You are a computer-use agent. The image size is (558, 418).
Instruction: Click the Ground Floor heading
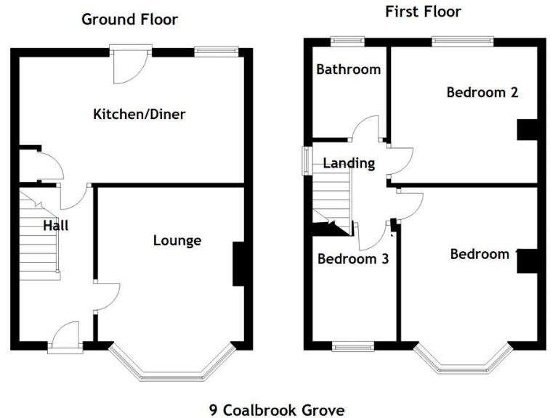(x=129, y=20)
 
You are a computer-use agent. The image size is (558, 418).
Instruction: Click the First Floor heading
(x=423, y=12)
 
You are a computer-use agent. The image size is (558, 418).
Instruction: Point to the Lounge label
(x=177, y=240)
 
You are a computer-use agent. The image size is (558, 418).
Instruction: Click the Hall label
(x=56, y=226)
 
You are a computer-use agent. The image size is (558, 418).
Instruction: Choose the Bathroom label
(x=348, y=70)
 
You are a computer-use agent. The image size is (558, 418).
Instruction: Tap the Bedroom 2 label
(x=482, y=92)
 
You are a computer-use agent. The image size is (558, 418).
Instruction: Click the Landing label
(x=349, y=163)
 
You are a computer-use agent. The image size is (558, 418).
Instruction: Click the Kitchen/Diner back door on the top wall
(x=131, y=61)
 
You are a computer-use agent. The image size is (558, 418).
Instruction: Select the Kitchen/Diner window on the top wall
(x=217, y=51)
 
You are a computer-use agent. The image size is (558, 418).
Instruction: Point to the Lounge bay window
(x=173, y=366)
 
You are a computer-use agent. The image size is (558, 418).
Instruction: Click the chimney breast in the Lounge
(x=238, y=265)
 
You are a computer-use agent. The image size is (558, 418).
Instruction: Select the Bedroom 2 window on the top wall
(x=462, y=41)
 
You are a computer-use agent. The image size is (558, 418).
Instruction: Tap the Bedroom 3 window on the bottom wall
(x=353, y=346)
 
